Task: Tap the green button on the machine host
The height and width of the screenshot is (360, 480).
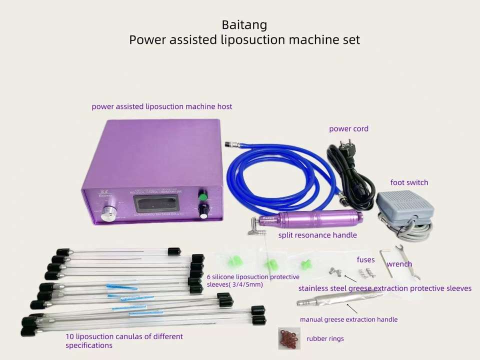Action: tap(202, 196)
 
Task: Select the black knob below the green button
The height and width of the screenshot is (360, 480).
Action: tap(203, 212)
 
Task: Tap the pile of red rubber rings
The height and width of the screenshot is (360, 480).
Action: tap(289, 338)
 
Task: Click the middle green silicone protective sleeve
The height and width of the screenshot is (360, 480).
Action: tap(270, 264)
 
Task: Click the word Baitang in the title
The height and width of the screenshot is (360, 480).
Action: tap(244, 24)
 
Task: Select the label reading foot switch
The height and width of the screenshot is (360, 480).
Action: tap(409, 182)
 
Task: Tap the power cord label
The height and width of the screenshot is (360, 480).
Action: tap(348, 128)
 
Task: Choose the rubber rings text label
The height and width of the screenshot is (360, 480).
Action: tap(325, 338)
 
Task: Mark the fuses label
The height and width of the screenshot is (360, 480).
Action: tap(365, 259)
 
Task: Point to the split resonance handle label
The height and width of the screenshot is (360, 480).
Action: tap(317, 234)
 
